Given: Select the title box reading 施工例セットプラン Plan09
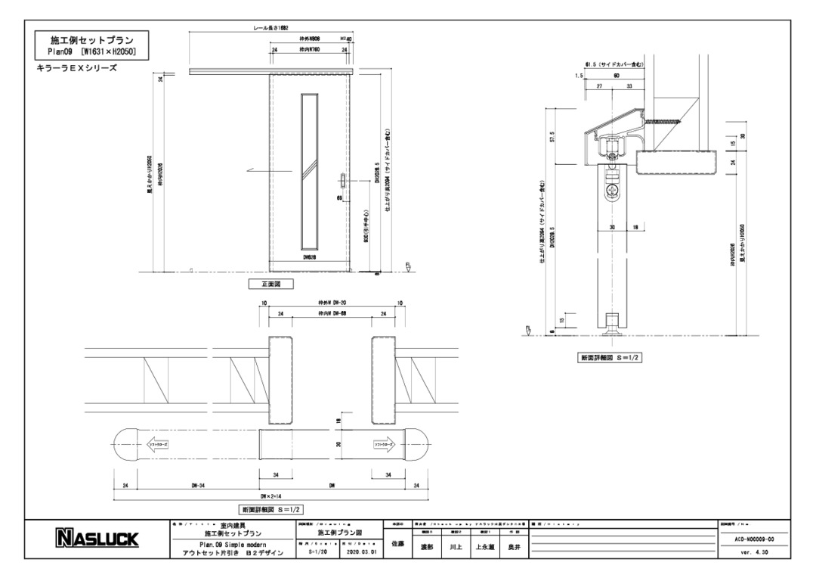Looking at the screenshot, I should pyautogui.click(x=92, y=45).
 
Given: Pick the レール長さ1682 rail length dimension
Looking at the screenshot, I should pyautogui.click(x=272, y=27).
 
